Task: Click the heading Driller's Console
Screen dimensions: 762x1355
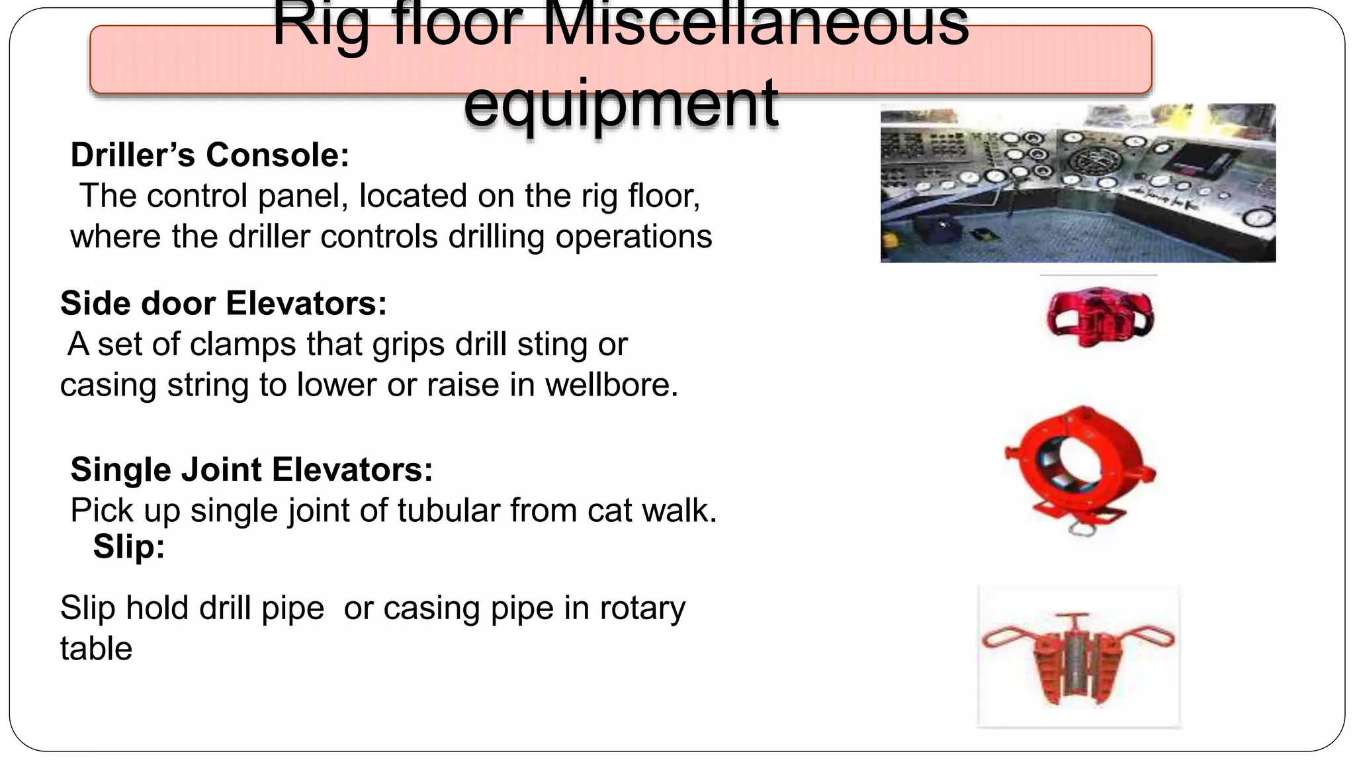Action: (x=210, y=155)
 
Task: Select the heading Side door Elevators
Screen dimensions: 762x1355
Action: (x=223, y=303)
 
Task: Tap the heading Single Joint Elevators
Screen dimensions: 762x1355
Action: (x=251, y=469)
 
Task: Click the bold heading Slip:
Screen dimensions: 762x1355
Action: (x=128, y=546)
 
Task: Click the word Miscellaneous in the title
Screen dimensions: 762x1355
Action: (x=754, y=26)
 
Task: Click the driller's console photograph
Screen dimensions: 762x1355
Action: (x=1077, y=183)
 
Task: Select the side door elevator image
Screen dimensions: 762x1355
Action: (x=1099, y=316)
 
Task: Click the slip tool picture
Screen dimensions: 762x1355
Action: (x=1078, y=656)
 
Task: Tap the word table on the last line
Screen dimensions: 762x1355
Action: (x=96, y=648)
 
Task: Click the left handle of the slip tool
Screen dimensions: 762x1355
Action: (x=1007, y=638)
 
